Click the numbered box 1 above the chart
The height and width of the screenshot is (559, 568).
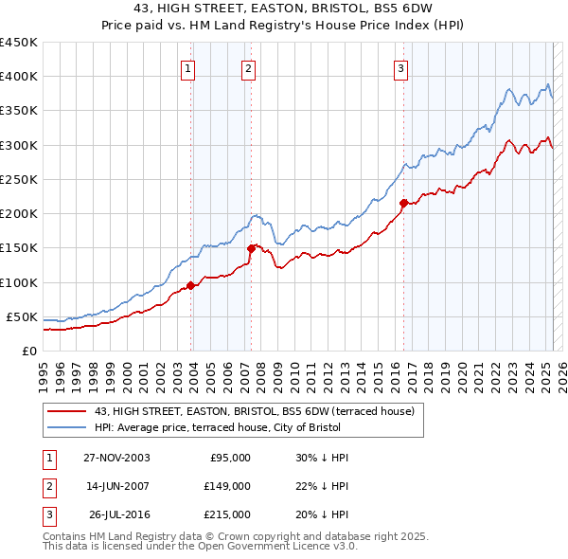pos(188,68)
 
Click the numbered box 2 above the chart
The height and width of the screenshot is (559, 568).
pos(247,68)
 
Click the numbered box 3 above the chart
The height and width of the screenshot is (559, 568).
pos(400,68)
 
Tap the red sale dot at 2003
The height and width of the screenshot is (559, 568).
pos(190,285)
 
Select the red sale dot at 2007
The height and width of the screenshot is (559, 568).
pos(252,248)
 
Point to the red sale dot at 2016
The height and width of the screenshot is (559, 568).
pos(403,203)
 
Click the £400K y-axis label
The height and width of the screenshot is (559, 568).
pos(19,77)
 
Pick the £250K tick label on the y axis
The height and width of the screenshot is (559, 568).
pos(19,179)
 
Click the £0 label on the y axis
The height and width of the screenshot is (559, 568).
pos(28,351)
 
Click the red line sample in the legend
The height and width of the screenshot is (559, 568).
pos(67,411)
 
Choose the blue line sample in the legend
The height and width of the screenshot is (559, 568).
pos(67,427)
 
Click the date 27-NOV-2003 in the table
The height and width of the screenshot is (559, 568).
pos(116,458)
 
